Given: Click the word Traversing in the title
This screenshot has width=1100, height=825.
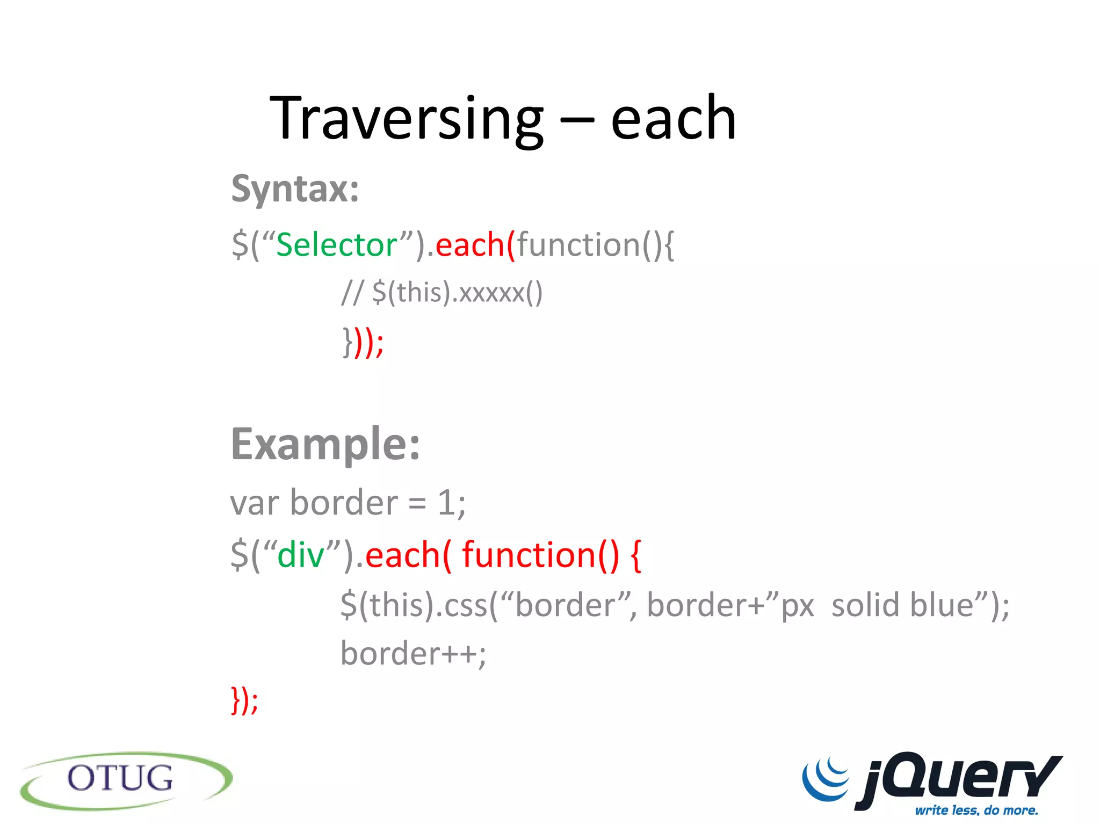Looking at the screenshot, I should (x=407, y=119).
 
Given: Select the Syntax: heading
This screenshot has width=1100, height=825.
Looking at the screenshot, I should (x=295, y=189).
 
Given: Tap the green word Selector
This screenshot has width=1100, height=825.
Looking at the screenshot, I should (x=336, y=245).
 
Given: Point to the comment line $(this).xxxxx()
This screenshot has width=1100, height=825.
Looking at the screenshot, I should (x=457, y=293).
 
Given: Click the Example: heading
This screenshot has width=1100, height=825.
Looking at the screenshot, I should (x=325, y=444).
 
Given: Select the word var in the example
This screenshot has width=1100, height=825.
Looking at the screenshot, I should (x=255, y=503).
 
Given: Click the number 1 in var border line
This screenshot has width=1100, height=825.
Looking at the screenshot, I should (x=446, y=503).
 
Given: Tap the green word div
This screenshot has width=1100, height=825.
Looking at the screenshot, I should (x=300, y=555).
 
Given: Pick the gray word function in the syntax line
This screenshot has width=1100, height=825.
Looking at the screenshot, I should (x=578, y=245).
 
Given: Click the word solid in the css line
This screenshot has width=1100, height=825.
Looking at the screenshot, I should (x=865, y=605).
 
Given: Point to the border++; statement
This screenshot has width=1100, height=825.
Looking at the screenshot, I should (x=413, y=654).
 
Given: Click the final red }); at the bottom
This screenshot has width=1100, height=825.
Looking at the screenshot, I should (x=244, y=700).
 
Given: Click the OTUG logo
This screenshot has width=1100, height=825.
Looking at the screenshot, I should (x=126, y=780).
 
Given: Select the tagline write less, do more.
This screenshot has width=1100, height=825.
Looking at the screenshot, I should (x=976, y=810).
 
